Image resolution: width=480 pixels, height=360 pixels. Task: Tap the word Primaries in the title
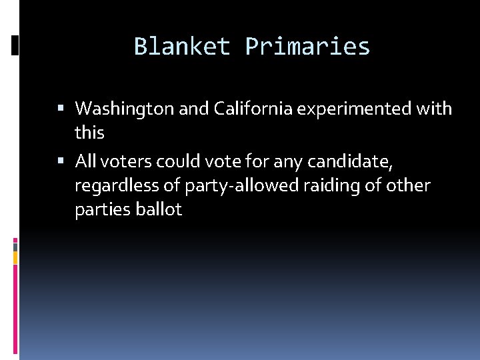point(307,47)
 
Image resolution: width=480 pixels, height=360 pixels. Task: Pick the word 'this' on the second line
point(89,133)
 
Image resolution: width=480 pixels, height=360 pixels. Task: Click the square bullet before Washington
point(61,108)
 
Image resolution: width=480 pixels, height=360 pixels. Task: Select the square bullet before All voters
point(61,161)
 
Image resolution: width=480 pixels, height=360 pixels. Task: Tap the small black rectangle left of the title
point(15,45)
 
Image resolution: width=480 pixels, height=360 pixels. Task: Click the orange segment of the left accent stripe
point(15,256)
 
